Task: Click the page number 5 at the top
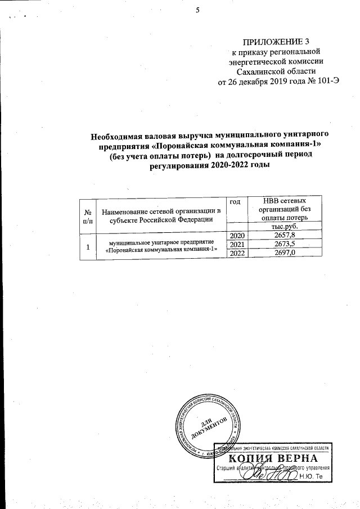tap(198, 8)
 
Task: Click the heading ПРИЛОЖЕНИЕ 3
tap(276, 42)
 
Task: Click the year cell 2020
tap(236, 235)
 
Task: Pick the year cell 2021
tap(236, 245)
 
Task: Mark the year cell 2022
tap(236, 255)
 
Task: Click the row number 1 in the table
tap(88, 245)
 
